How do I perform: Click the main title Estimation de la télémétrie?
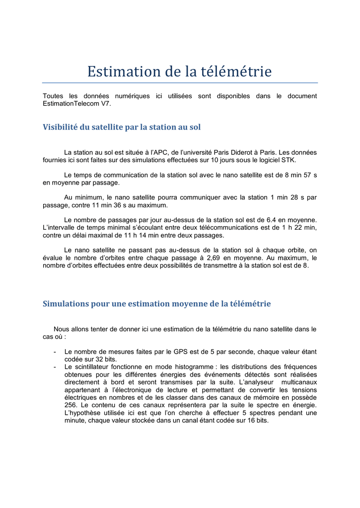pos(180,71)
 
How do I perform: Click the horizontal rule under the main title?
pos(180,83)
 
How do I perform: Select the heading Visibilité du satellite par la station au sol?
pos(122,127)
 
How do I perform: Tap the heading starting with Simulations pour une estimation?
pos(156,303)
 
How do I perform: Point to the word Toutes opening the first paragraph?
pos(53,96)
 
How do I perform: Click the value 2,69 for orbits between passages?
pos(217,258)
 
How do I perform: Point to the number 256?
pos(72,405)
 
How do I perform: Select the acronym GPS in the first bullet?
pos(181,351)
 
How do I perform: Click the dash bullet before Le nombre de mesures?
pos(54,352)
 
